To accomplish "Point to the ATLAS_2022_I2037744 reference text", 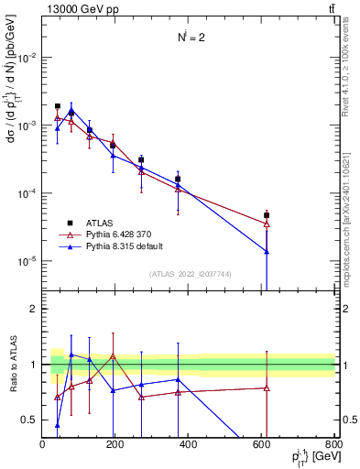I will pos(188,275).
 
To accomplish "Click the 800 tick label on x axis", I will pos(333,444).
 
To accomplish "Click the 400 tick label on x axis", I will pos(189,444).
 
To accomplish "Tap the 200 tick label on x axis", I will pos(115,444).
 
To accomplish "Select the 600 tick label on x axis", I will pos(261,444).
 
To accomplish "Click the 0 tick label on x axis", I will pos(43,444).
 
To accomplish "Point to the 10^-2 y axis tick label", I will pos(26,57).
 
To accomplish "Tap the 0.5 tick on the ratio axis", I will pos(30,420).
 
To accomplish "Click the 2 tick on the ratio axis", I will pos(34,309).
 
